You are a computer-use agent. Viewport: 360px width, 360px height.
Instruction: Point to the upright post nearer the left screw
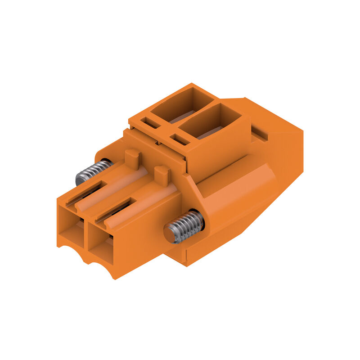tap(132, 158)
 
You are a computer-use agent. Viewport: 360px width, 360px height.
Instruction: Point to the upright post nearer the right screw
tap(162, 175)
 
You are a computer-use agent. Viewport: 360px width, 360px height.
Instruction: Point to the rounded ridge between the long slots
tap(101, 198)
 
